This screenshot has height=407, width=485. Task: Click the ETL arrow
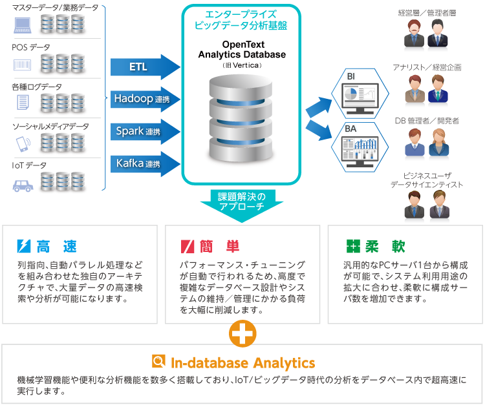[x=144, y=67]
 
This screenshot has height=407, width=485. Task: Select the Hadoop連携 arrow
[x=144, y=99]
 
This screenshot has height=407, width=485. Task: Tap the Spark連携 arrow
[x=144, y=131]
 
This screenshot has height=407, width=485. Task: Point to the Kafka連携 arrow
[x=144, y=163]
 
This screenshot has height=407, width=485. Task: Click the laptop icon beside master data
[x=23, y=25]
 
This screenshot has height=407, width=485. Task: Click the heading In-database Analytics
[x=242, y=362]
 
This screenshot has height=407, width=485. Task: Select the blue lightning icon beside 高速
[x=24, y=246]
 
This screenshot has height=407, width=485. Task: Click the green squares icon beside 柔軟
[x=353, y=246]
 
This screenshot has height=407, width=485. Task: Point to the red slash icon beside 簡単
[x=188, y=246]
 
